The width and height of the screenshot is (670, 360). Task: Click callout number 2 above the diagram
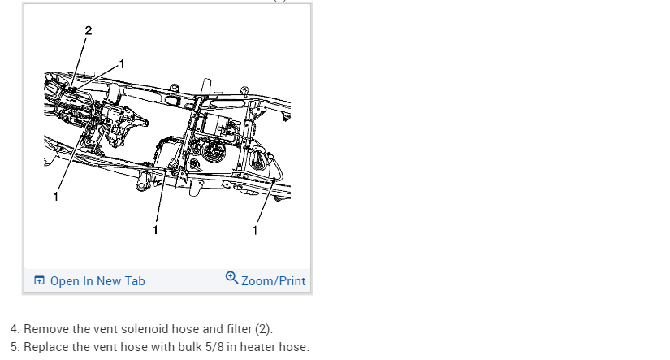pos(88,31)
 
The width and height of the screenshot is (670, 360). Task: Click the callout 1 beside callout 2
pos(122,63)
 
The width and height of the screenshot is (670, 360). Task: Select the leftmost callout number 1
pos(55,196)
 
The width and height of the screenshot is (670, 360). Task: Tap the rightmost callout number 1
pos(255,230)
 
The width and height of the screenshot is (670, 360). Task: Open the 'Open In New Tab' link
pos(97,281)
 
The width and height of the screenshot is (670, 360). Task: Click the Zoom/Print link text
pos(274,281)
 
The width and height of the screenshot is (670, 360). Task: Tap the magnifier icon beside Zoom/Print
pos(231,279)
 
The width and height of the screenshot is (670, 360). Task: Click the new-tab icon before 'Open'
pos(39,281)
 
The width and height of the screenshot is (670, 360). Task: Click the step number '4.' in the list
pos(15,329)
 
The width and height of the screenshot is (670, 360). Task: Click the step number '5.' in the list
pos(15,347)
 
